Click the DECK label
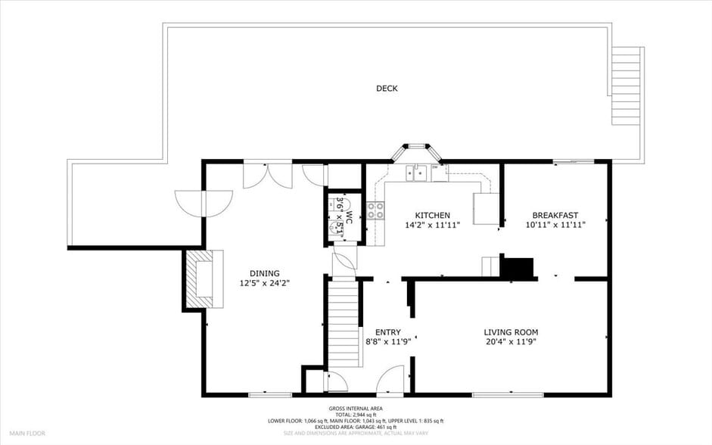tap(387, 89)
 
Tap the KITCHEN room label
tap(432, 216)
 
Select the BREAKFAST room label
tap(555, 216)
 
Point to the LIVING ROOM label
tap(511, 331)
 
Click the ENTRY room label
tap(387, 332)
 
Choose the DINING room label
tap(265, 273)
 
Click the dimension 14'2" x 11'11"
tap(432, 225)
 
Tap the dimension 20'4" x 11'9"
tap(511, 341)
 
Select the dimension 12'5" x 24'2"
tap(265, 283)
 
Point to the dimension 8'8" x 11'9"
tap(387, 342)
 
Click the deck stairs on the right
tap(627, 87)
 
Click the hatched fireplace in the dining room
tap(201, 279)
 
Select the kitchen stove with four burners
tap(375, 210)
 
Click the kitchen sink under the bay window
tap(415, 173)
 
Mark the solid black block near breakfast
tap(518, 268)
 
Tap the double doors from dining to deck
tap(267, 175)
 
